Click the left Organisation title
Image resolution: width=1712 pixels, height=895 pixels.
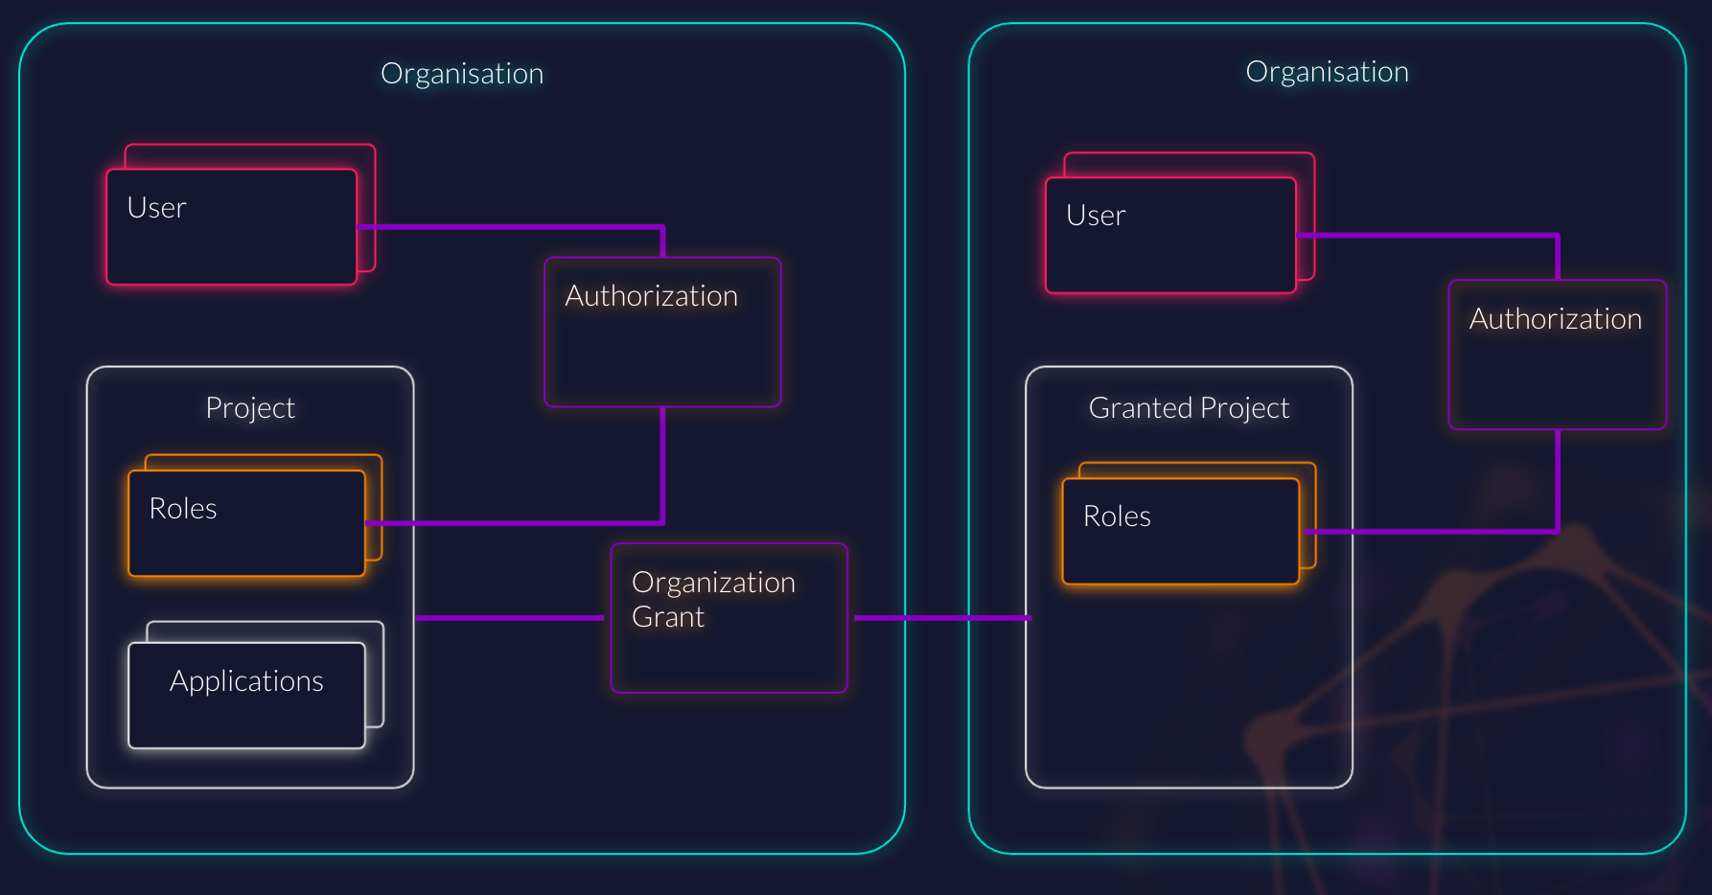click(x=461, y=74)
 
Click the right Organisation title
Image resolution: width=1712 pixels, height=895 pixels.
click(x=1327, y=72)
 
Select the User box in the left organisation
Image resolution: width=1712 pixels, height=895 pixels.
click(x=231, y=226)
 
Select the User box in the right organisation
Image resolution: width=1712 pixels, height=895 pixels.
click(x=1170, y=235)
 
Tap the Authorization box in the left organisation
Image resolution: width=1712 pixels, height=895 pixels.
click(x=662, y=332)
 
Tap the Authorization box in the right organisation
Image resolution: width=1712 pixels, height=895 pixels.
click(x=1557, y=355)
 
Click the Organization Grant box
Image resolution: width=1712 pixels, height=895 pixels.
click(x=729, y=618)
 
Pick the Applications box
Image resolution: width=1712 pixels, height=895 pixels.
click(x=246, y=694)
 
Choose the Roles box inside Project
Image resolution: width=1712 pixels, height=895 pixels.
click(x=246, y=522)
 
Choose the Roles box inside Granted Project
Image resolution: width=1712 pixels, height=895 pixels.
click(x=1180, y=531)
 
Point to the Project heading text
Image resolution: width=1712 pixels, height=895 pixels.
click(x=250, y=408)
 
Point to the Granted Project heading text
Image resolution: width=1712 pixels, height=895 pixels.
click(x=1189, y=408)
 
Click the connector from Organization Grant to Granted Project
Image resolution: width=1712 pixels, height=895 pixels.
click(x=939, y=618)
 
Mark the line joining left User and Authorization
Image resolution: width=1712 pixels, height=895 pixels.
click(x=508, y=227)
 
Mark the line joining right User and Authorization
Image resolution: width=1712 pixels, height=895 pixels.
click(x=1428, y=235)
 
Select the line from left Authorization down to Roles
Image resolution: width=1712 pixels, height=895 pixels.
click(x=662, y=465)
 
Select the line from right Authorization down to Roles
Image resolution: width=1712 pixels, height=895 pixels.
click(x=1558, y=479)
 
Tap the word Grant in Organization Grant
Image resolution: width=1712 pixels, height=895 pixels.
click(x=668, y=617)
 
